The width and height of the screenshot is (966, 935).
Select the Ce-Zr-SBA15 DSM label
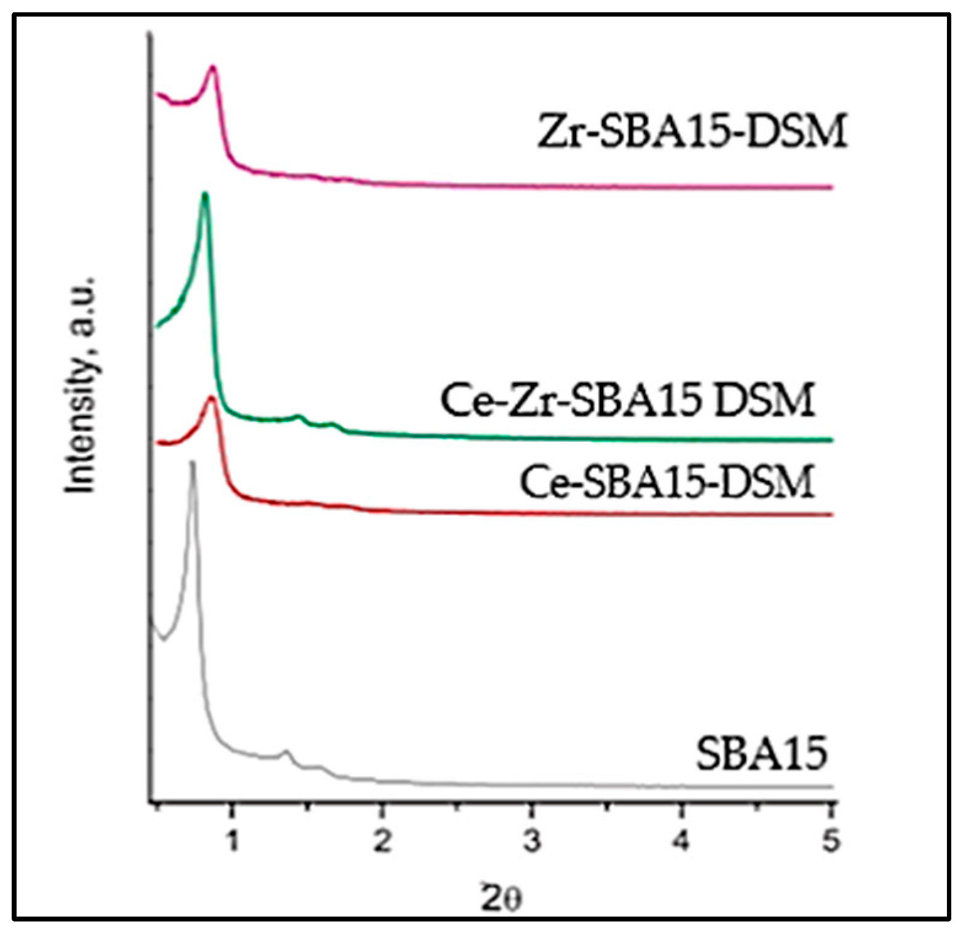point(627,400)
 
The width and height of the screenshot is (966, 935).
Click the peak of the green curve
point(205,195)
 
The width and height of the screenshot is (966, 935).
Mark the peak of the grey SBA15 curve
point(192,462)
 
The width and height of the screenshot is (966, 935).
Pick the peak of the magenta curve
point(213,67)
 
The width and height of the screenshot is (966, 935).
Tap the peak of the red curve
point(211,398)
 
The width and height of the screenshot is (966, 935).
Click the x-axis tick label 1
point(232,841)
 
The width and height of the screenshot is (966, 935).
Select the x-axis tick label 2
point(382,841)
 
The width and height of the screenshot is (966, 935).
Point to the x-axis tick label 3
point(532,841)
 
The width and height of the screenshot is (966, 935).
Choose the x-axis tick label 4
point(681,841)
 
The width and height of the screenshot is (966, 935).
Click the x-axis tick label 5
point(831,841)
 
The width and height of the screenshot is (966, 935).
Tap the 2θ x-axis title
point(501,899)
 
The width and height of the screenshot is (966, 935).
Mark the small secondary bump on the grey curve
point(285,751)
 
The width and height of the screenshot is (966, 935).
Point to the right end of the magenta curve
point(831,187)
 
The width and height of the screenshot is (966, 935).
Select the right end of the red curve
point(831,514)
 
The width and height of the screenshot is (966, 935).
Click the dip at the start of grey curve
point(163,640)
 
